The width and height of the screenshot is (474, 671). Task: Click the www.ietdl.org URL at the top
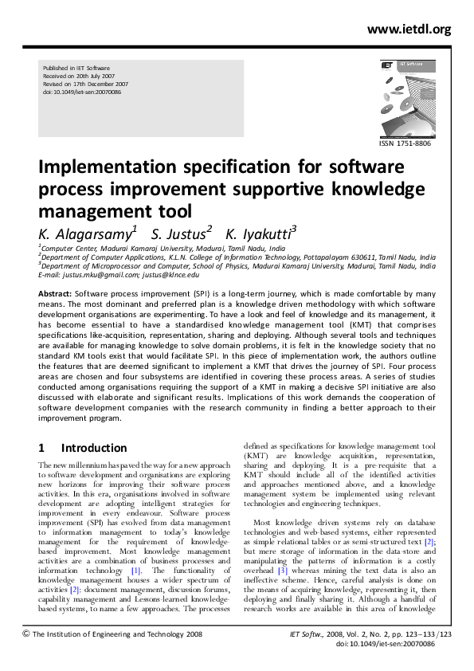[409, 29]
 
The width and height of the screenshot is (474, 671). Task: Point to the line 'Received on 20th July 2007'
[81, 76]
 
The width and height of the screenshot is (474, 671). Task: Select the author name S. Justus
[182, 233]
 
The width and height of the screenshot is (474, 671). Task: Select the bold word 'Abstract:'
[55, 294]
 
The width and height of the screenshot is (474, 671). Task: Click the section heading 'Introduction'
[94, 448]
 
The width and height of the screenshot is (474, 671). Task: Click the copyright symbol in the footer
[26, 634]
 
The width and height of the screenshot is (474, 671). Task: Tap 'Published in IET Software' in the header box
[76, 68]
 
